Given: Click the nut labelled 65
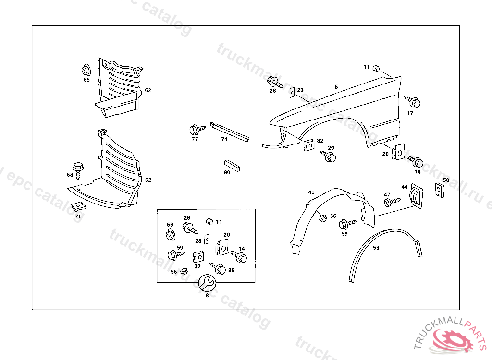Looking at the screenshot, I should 86,70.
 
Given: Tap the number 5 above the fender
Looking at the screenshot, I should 336,87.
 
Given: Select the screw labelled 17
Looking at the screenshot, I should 413,102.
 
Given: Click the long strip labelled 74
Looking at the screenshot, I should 230,131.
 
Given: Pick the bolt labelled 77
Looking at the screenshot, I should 196,130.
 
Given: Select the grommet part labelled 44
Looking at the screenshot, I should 414,196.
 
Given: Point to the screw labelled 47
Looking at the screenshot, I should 392,202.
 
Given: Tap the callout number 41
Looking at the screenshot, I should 311,192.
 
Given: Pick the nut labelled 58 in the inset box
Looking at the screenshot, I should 170,235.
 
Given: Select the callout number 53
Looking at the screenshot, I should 376,248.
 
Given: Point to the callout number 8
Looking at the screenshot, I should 207,296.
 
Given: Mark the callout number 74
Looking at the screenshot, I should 224,140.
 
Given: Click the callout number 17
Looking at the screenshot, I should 410,114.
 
